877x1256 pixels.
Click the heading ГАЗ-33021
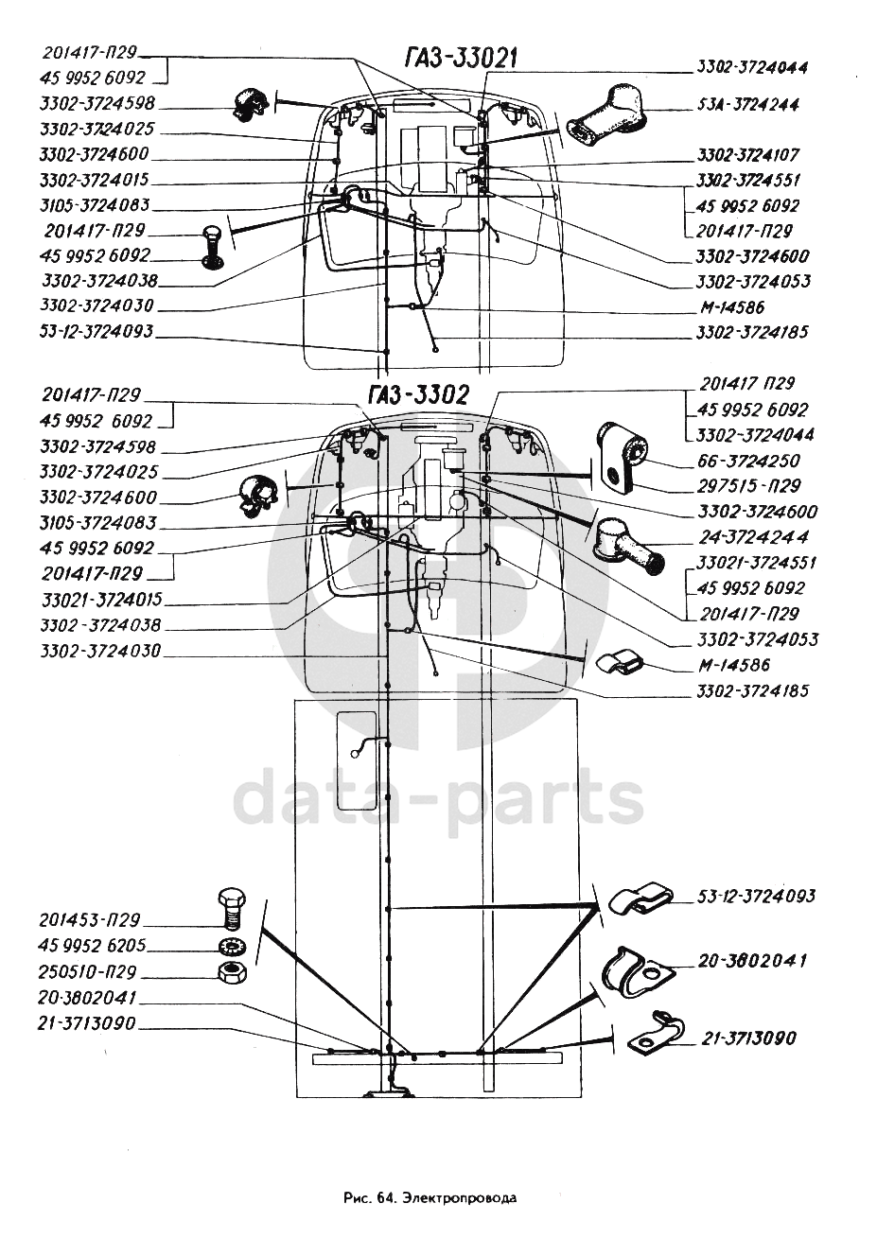(461, 59)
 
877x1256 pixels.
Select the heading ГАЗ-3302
(417, 395)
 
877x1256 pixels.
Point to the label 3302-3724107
(747, 155)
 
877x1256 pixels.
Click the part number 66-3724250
(747, 461)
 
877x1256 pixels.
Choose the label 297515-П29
(747, 486)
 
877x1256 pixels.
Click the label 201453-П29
(90, 919)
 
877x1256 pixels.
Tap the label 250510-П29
(88, 971)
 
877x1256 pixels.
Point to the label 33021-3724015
(101, 600)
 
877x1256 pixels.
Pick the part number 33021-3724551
(756, 563)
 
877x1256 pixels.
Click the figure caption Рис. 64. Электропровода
(430, 1197)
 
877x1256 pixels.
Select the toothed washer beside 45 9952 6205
(230, 947)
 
